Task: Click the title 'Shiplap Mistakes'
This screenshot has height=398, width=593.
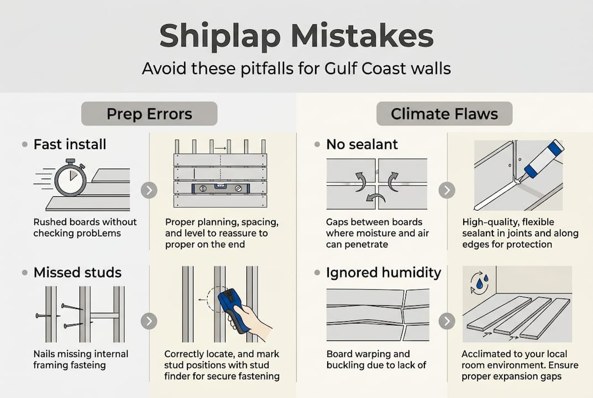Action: coord(296,36)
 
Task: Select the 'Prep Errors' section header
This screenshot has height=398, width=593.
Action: coord(149,114)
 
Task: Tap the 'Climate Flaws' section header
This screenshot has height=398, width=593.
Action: coord(444,114)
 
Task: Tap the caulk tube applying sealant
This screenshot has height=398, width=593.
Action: coord(541,160)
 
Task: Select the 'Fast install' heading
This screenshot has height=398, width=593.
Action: coord(70,144)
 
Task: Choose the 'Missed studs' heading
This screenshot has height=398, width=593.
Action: coord(77,273)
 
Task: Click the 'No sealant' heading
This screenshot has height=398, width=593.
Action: coord(362,144)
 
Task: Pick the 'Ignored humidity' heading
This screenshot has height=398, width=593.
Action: coord(384,273)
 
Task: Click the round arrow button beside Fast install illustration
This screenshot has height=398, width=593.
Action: coord(149,190)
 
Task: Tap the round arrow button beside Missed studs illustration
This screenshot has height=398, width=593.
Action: coord(149,321)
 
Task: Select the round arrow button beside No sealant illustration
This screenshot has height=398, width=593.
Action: coord(447,190)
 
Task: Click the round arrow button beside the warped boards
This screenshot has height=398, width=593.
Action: coord(447,321)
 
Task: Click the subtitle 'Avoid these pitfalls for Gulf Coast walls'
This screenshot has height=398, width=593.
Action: coord(296,69)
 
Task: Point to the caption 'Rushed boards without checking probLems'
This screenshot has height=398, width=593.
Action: coord(85,227)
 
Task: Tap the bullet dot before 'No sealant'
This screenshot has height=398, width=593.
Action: coord(317,144)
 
